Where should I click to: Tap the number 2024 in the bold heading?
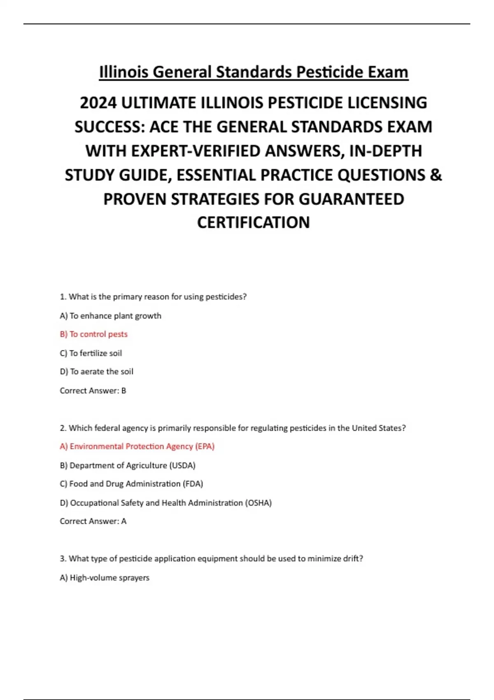coord(98,103)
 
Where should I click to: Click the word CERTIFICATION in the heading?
coord(253,223)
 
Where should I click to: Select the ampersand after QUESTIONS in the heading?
coord(436,175)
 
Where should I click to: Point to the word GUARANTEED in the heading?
coord(351,199)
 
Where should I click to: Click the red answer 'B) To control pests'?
coord(94,334)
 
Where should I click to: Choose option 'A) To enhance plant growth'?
coord(110,316)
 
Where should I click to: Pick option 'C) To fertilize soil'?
coord(91,353)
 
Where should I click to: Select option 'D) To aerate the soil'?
coord(96,371)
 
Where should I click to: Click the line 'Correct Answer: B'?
coord(93,390)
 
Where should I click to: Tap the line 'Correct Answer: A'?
coord(93,521)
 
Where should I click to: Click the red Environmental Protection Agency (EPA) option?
coord(137,446)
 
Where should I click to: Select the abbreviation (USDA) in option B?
coord(182,465)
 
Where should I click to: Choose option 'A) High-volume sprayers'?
coord(105,578)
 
